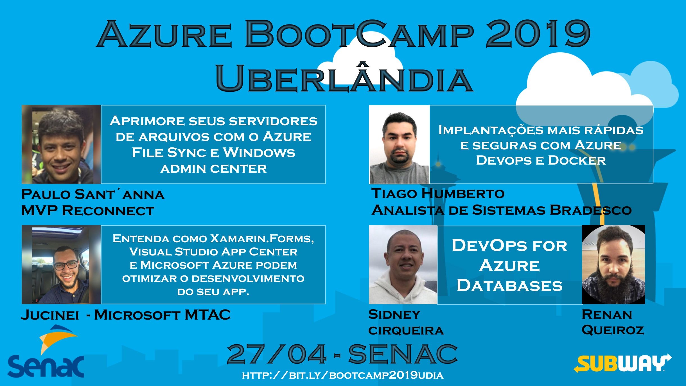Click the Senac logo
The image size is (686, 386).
coord(46,354)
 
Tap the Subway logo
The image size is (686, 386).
coord(622,364)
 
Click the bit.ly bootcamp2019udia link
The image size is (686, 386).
coord(343,375)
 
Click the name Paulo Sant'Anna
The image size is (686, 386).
coord(93,194)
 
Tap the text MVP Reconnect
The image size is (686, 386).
coord(88,211)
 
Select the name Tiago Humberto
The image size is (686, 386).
coord(438,194)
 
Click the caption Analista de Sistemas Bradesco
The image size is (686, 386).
coord(502,210)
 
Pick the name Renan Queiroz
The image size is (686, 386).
coord(612,322)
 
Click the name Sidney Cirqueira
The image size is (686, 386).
coord(406,322)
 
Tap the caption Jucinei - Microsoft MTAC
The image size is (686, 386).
coord(126,315)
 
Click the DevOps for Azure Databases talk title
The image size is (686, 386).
coord(509,265)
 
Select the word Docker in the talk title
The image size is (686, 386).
coord(577,160)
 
